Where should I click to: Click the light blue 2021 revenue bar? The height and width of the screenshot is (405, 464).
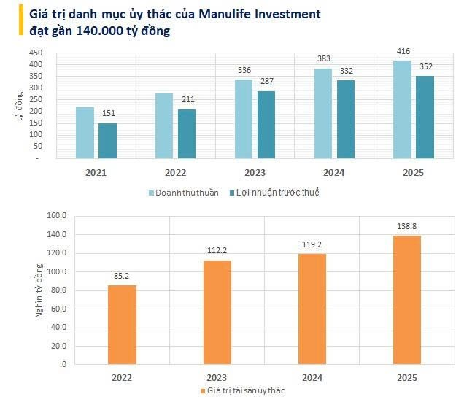[x=85, y=133]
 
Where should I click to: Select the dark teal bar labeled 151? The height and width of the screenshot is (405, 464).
[x=108, y=141]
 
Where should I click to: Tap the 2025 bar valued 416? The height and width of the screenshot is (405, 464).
[x=402, y=109]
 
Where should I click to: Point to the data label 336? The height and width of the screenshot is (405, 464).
[x=244, y=71]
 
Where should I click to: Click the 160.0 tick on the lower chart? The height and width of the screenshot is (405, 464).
[x=56, y=216]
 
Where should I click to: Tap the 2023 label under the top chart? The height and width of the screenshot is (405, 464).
[x=255, y=173]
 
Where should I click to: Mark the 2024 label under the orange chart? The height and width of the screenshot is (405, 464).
[x=312, y=377]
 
